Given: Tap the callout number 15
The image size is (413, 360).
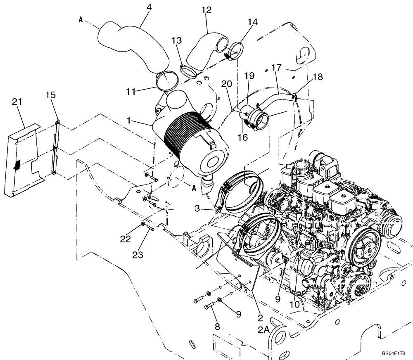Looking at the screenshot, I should point(50,95).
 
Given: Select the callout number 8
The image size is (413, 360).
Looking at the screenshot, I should point(217,327).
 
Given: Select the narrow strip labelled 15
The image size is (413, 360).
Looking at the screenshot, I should point(55,149).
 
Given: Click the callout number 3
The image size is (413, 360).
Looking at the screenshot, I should point(197,210).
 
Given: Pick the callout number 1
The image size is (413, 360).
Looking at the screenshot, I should point(130,120).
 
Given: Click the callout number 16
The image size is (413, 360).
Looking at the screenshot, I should point(242,137).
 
